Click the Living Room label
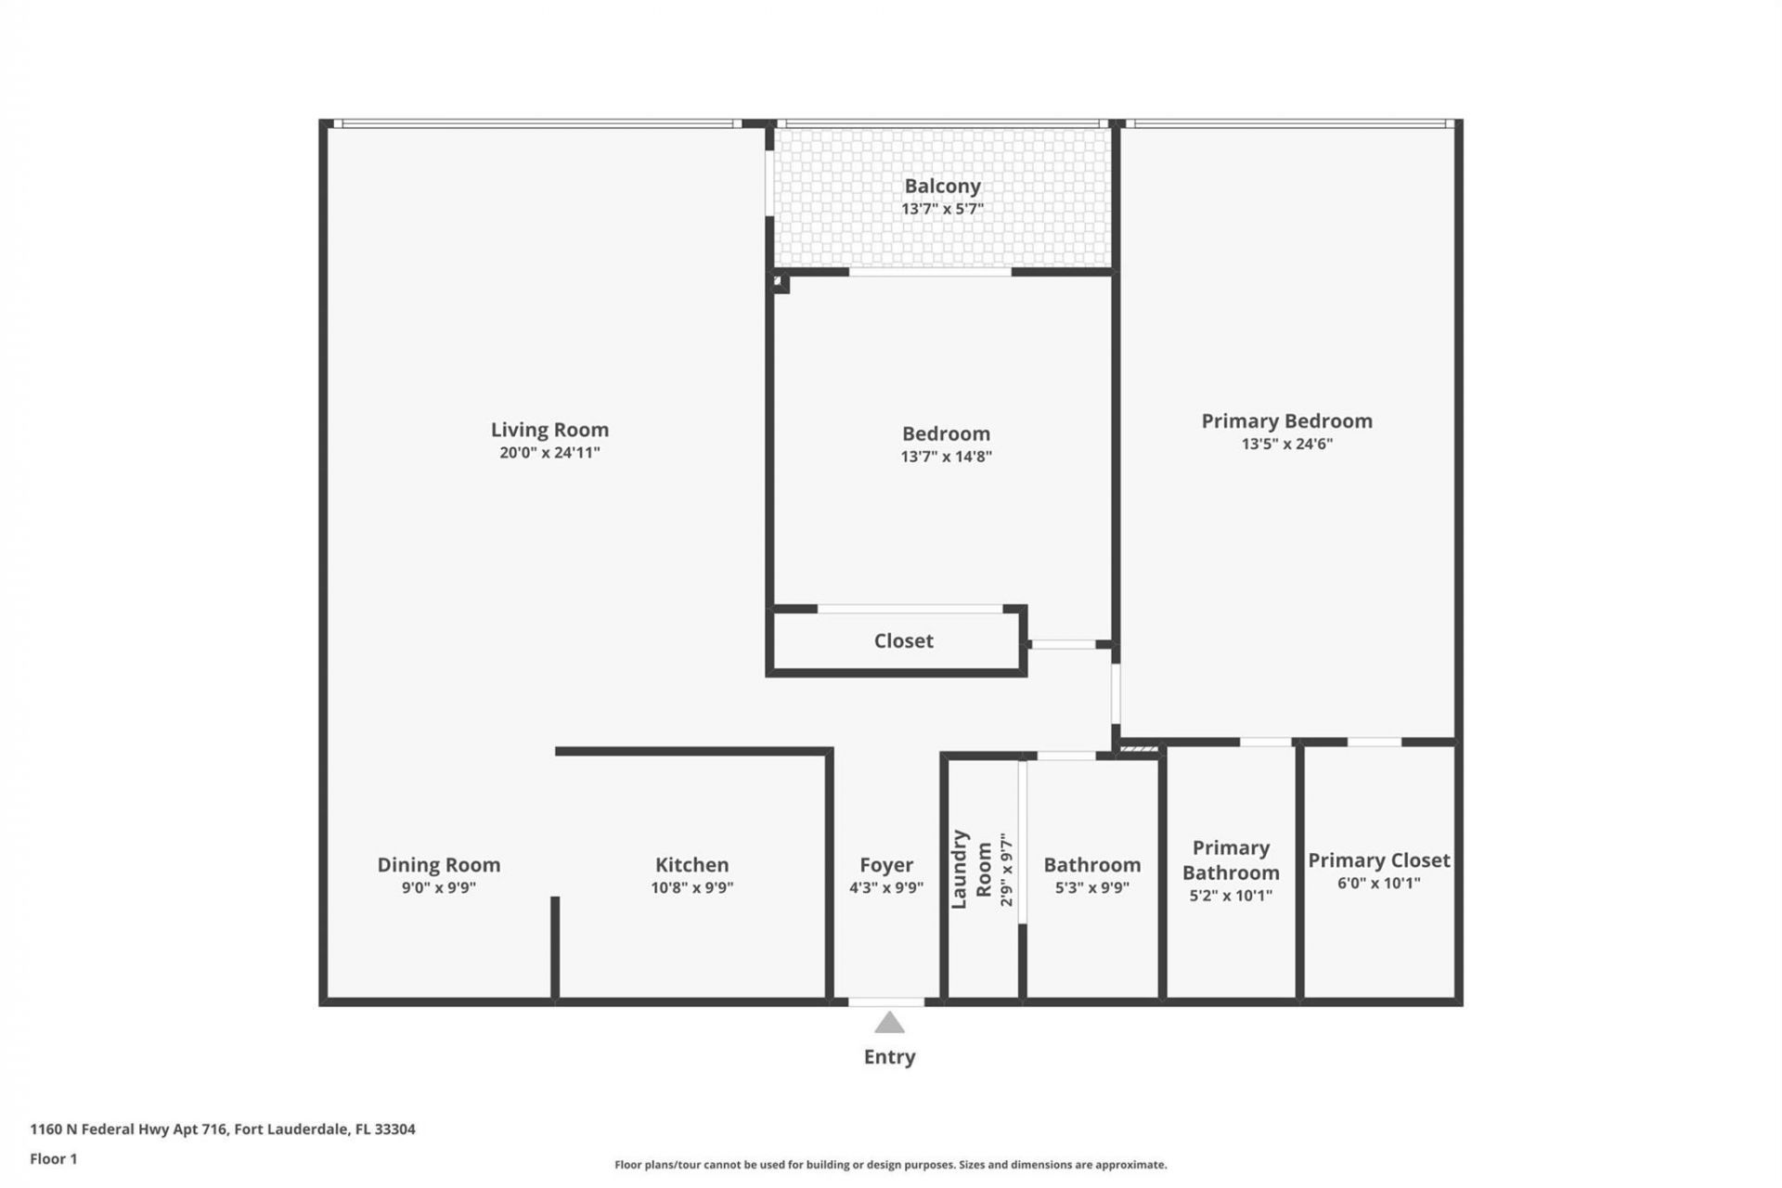[549, 430]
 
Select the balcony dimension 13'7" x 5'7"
[942, 209]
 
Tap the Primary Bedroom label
[1286, 420]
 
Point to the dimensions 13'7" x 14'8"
[946, 457]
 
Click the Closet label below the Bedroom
[903, 640]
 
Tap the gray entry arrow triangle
[889, 1023]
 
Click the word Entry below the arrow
[889, 1056]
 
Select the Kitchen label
[691, 864]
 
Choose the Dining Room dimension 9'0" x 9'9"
[438, 887]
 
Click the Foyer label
[885, 864]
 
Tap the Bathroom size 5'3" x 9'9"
[1091, 887]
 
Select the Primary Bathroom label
[1231, 859]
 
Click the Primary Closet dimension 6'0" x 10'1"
[1378, 883]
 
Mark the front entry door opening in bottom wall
[886, 1001]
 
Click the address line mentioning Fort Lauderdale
[223, 1129]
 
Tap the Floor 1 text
[53, 1158]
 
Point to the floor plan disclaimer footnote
[890, 1165]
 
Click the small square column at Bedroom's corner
[781, 283]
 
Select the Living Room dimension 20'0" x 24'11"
[549, 453]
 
